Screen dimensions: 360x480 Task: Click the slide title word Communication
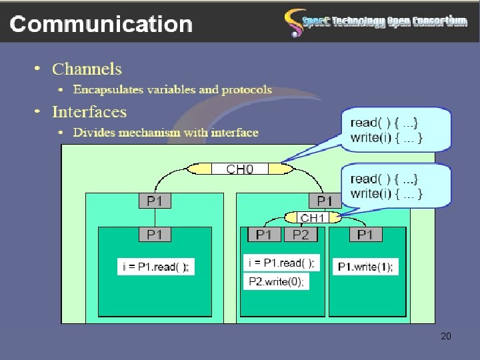101,25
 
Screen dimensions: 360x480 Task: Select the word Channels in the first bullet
87,69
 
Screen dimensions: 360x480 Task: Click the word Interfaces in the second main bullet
89,111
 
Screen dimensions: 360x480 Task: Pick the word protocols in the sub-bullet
247,89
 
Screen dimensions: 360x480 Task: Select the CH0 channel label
240,169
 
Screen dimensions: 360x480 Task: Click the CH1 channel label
313,217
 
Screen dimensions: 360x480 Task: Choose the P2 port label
301,235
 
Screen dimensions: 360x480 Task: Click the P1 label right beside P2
264,235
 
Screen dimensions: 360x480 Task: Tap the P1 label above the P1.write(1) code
365,235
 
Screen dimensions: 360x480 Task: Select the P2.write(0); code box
277,281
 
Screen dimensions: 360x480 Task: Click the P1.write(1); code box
365,267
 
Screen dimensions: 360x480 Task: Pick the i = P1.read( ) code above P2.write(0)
281,263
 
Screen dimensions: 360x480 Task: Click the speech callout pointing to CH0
396,131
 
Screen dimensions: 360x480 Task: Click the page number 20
446,336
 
